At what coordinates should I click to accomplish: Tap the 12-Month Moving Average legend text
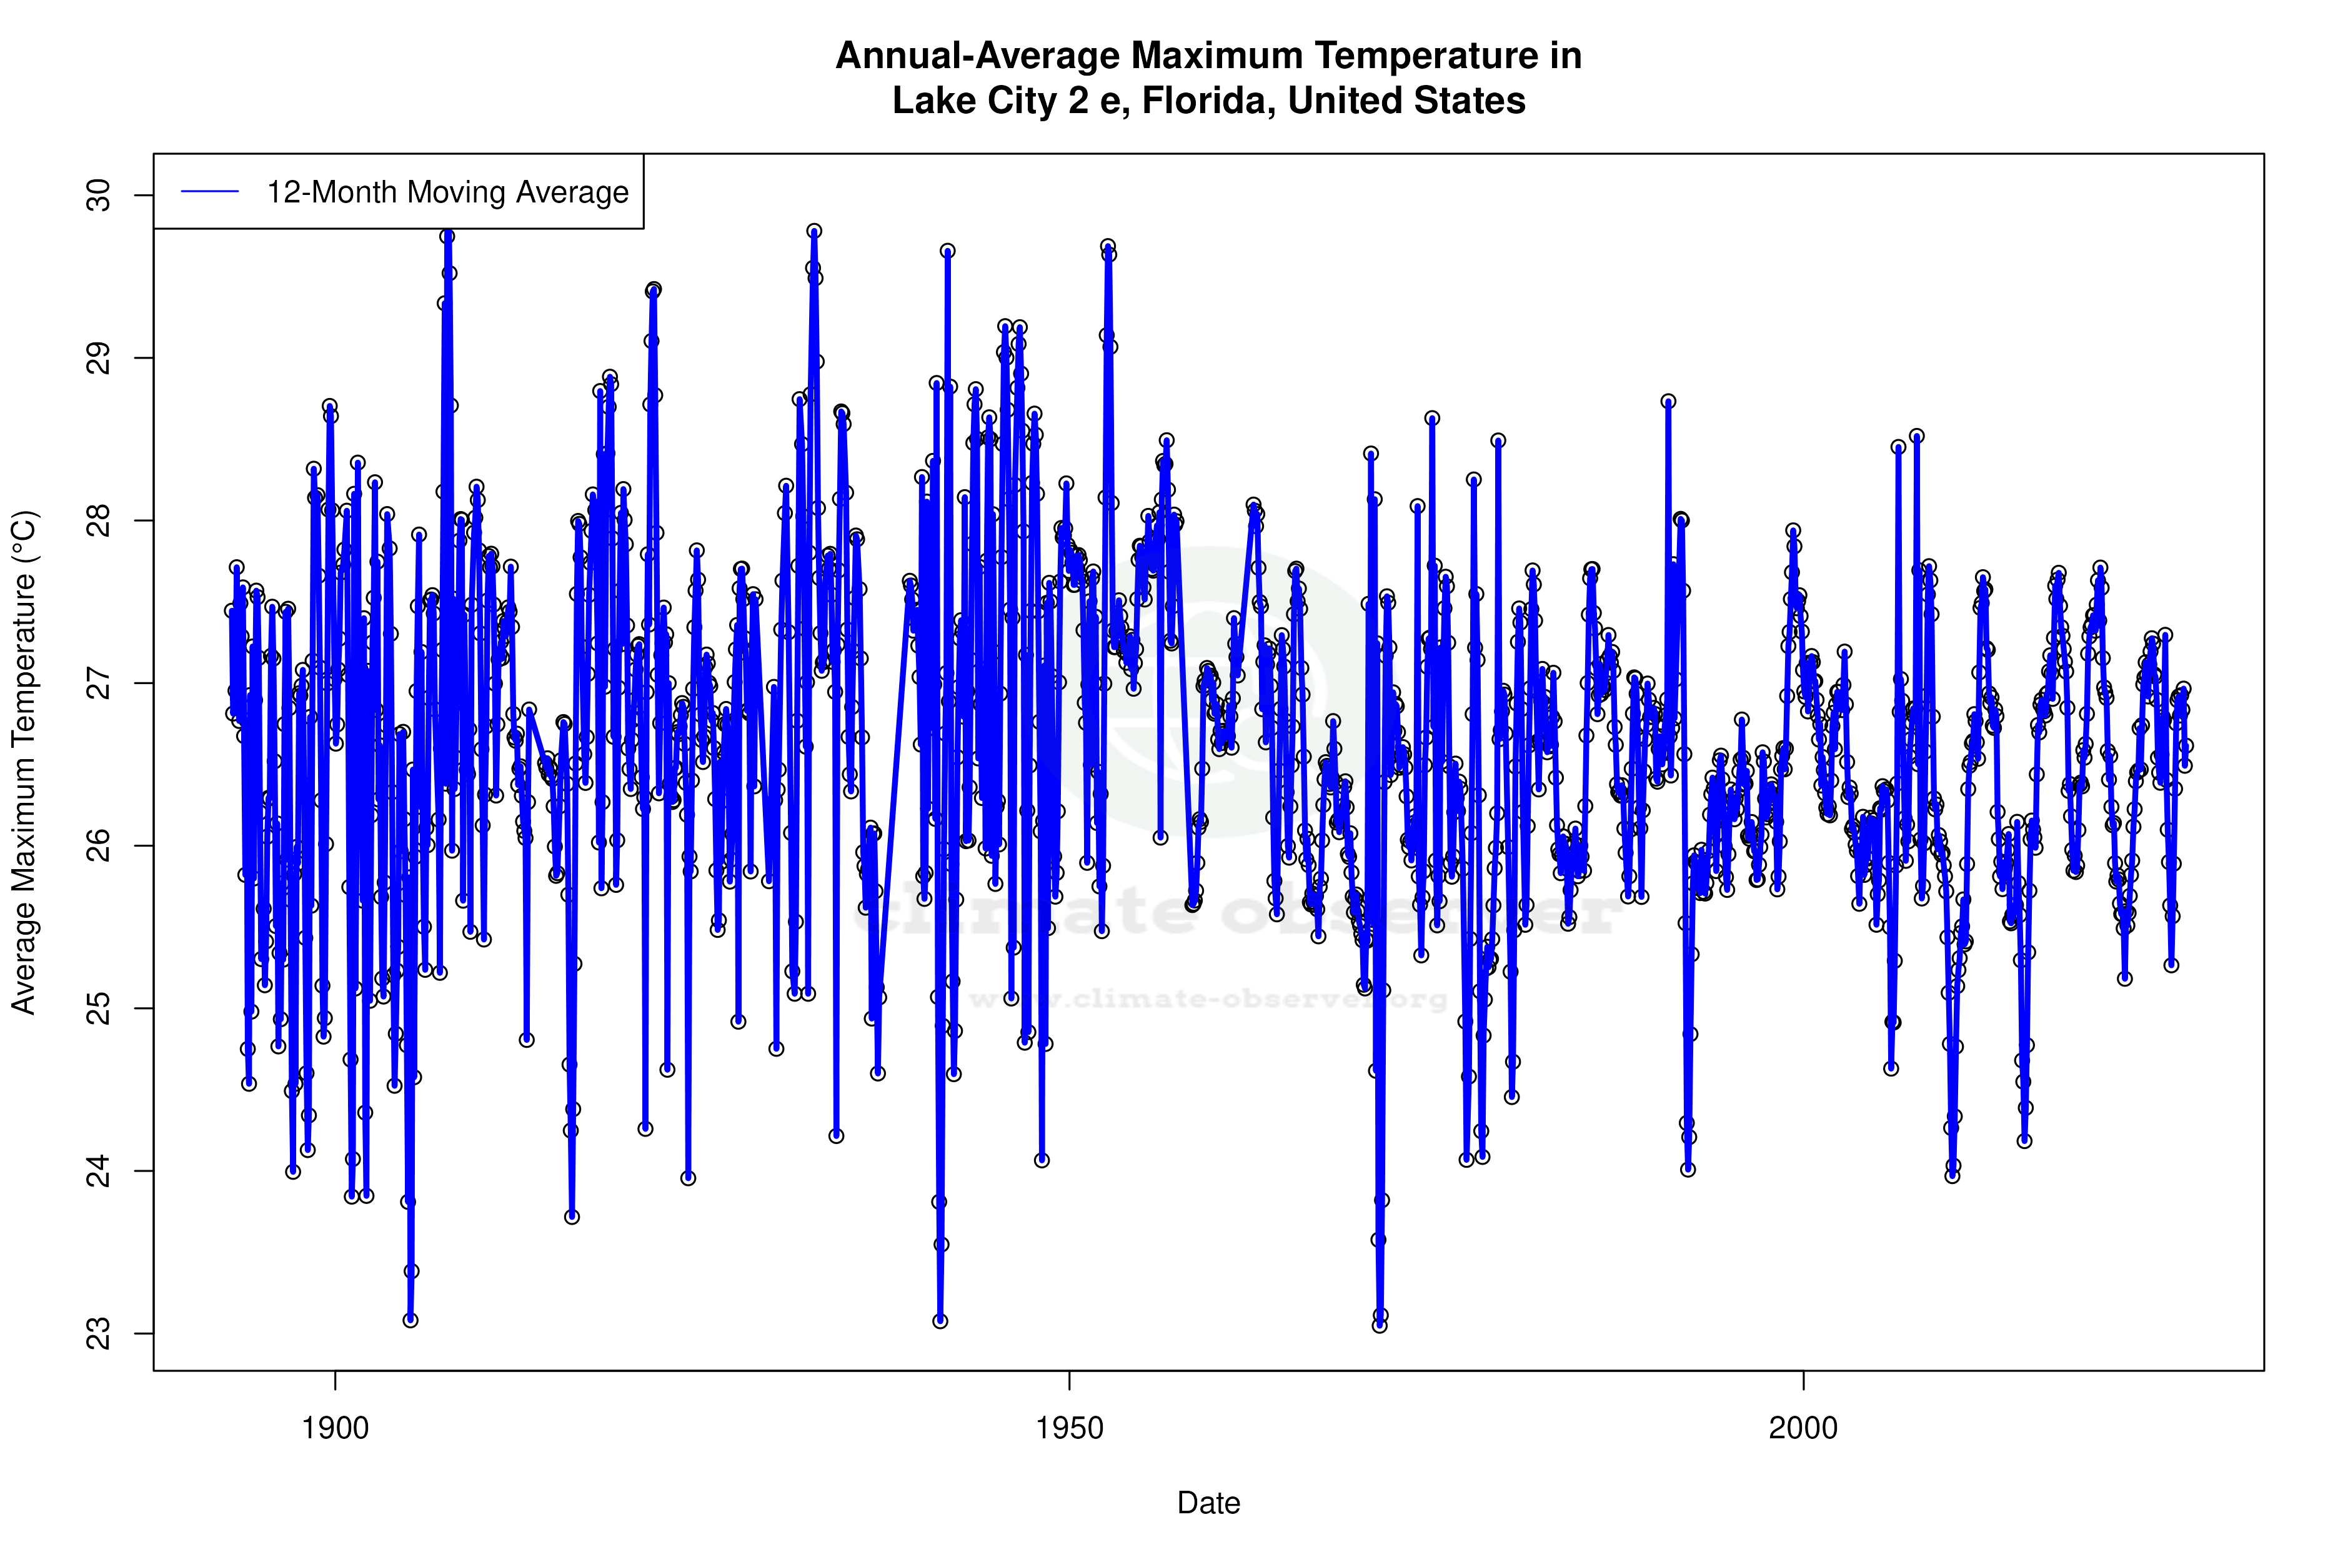447,192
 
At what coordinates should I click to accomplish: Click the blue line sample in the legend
210,192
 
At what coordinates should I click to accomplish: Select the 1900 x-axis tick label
336,1428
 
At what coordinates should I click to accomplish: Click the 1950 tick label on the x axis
1069,1428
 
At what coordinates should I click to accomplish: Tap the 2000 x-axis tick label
1803,1428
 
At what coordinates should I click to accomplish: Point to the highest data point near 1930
814,231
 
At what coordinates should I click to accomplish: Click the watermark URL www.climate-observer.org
1208,999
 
